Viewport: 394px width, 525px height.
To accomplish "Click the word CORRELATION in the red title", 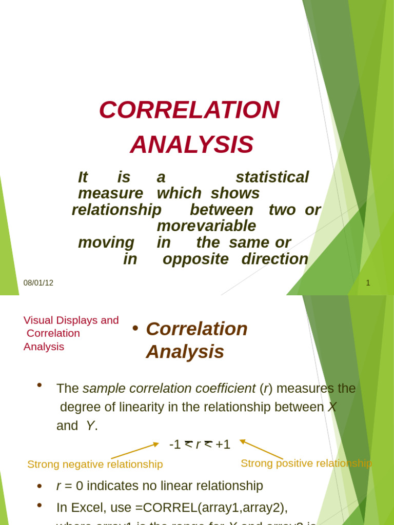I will click(189, 110).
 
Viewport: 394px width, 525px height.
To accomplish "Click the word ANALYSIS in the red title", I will click(192, 145).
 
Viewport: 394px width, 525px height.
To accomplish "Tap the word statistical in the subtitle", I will click(272, 177).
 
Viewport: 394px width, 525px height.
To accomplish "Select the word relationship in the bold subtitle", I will click(116, 210).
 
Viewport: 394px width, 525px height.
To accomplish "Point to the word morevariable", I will click(206, 226).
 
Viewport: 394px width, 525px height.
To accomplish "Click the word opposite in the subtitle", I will click(195, 259).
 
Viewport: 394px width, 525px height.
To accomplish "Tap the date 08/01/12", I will click(38, 283).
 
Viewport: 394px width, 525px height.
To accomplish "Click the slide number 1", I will click(368, 283).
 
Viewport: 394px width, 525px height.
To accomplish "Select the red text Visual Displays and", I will click(71, 320).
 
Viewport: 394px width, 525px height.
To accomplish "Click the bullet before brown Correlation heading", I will click(135, 329).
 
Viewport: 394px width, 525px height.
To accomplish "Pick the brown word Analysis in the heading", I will click(185, 352).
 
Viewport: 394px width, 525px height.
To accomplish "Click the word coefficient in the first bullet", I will click(223, 389).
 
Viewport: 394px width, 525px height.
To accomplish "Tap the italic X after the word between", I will click(332, 407).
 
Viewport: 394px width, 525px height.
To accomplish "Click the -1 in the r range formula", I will click(175, 445).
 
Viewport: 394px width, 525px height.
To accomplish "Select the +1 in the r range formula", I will click(223, 445).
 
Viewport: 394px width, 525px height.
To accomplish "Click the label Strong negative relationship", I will click(95, 465).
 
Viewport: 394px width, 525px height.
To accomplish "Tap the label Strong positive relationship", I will click(306, 463).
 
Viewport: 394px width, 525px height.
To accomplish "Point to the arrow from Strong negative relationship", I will click(135, 451).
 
